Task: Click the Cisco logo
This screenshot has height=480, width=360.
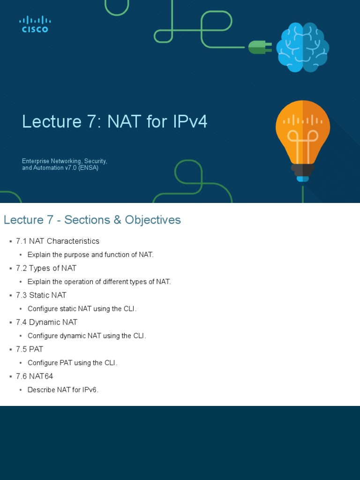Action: (35, 24)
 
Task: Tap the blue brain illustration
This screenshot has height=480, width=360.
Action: (302, 47)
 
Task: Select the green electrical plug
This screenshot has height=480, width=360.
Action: (260, 47)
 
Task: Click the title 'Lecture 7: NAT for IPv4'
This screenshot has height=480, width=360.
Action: (114, 122)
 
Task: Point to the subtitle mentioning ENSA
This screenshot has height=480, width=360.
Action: (65, 165)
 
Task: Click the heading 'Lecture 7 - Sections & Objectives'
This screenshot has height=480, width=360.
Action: (92, 220)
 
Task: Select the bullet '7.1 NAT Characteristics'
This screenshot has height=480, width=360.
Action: (58, 241)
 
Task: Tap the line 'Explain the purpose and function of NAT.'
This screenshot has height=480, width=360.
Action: (90, 255)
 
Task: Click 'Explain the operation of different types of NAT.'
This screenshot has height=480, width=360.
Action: (99, 282)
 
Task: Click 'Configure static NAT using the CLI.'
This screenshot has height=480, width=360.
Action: (82, 309)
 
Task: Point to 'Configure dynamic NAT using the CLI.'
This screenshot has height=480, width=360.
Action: (87, 336)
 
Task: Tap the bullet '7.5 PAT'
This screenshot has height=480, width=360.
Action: (36, 349)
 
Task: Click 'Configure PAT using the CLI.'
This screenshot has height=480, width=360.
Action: (72, 363)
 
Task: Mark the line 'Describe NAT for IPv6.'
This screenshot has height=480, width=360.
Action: (63, 390)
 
